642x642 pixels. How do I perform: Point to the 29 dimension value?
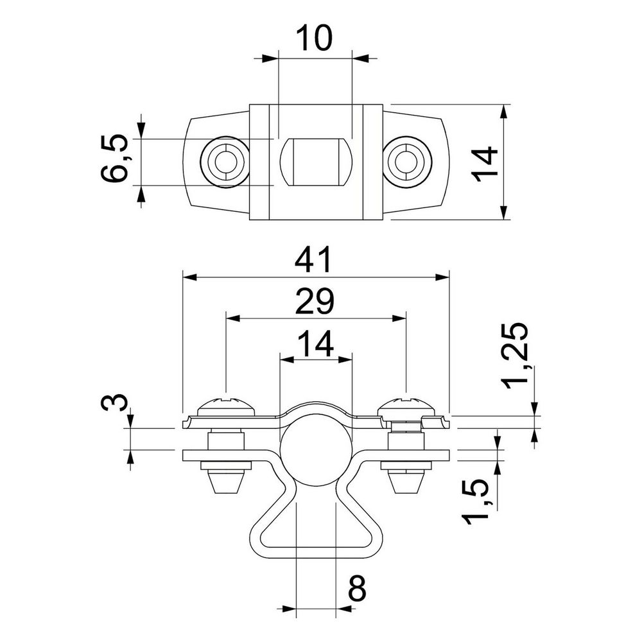pos(315,301)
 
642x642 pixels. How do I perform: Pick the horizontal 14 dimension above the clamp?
pos(316,343)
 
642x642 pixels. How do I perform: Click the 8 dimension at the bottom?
pos(356,588)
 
